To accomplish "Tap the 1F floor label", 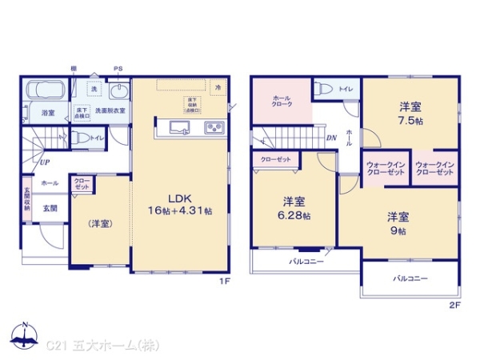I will (x=226, y=281).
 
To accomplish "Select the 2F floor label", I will (x=454, y=306).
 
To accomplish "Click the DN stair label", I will (x=331, y=138).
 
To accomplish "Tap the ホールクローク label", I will (x=281, y=102).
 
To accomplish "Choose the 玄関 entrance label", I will (x=49, y=207).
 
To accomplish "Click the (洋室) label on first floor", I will (x=99, y=223).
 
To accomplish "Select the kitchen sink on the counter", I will (x=175, y=128).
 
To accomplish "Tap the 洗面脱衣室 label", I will (x=110, y=110).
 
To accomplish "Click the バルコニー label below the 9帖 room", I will (x=410, y=278).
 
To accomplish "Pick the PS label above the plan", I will (x=118, y=69).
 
